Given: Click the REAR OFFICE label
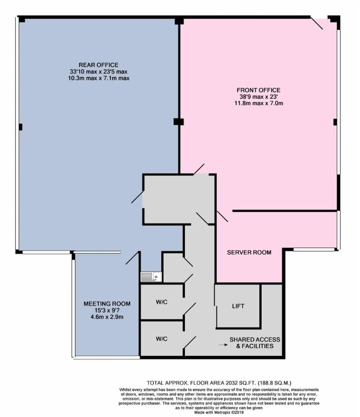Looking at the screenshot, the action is coord(98,65).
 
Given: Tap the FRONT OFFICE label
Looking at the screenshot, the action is coord(259,90).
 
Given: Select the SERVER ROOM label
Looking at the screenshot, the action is coord(249,252).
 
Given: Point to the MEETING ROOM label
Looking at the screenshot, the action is coord(107,304).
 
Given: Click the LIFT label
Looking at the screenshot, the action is coord(238,306).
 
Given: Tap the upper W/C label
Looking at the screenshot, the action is coord(162,302).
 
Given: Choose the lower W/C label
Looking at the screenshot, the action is coord(162,339).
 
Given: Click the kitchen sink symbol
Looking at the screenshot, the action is coord(151,277).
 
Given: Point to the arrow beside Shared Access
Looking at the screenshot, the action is coord(223,345).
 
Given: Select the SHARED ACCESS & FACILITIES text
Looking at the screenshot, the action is coord(255,343).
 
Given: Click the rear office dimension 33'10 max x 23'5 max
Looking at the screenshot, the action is coord(98,72).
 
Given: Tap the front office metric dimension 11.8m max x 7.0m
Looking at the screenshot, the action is coord(259,103).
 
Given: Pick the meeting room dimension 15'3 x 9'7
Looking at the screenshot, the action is coord(107,310).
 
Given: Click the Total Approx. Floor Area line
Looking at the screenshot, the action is coord(219,383).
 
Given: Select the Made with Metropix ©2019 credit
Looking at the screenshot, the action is coord(219,413).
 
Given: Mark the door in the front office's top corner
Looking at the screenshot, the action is coord(317,23).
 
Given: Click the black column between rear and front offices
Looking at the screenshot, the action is coord(179,122).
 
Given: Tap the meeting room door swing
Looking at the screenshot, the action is coord(132,258).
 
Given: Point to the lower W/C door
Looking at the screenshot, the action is coord(190,342).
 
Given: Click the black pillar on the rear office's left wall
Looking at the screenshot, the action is coord(21,127).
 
